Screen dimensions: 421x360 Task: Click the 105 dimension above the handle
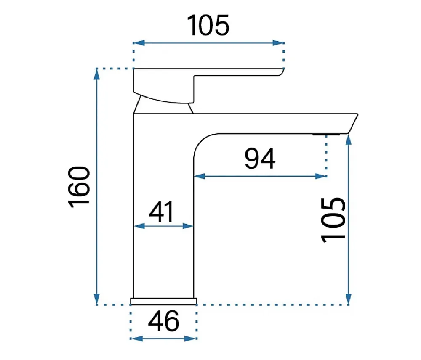[208, 25]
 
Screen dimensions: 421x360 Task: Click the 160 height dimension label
[79, 187]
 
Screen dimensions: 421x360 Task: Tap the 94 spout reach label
[260, 159]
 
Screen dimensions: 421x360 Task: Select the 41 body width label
[161, 212]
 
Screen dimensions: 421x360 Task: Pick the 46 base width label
[163, 321]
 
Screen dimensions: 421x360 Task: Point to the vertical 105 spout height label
[333, 220]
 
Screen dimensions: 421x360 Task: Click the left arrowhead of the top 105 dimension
[139, 43]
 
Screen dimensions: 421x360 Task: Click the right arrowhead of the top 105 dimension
[278, 43]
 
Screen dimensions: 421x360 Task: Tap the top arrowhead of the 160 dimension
[97, 74]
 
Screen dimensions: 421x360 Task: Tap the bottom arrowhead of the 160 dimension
[97, 299]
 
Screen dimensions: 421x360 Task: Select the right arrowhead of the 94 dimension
[321, 176]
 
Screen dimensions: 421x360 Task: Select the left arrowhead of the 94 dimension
[200, 176]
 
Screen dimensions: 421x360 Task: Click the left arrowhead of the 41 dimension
[139, 226]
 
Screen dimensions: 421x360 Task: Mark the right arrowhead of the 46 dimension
[191, 339]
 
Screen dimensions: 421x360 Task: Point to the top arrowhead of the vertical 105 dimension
[349, 140]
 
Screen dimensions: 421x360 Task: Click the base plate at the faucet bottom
[163, 302]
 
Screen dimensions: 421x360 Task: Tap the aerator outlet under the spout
[326, 134]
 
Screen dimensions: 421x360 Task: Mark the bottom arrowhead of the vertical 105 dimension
[349, 299]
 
